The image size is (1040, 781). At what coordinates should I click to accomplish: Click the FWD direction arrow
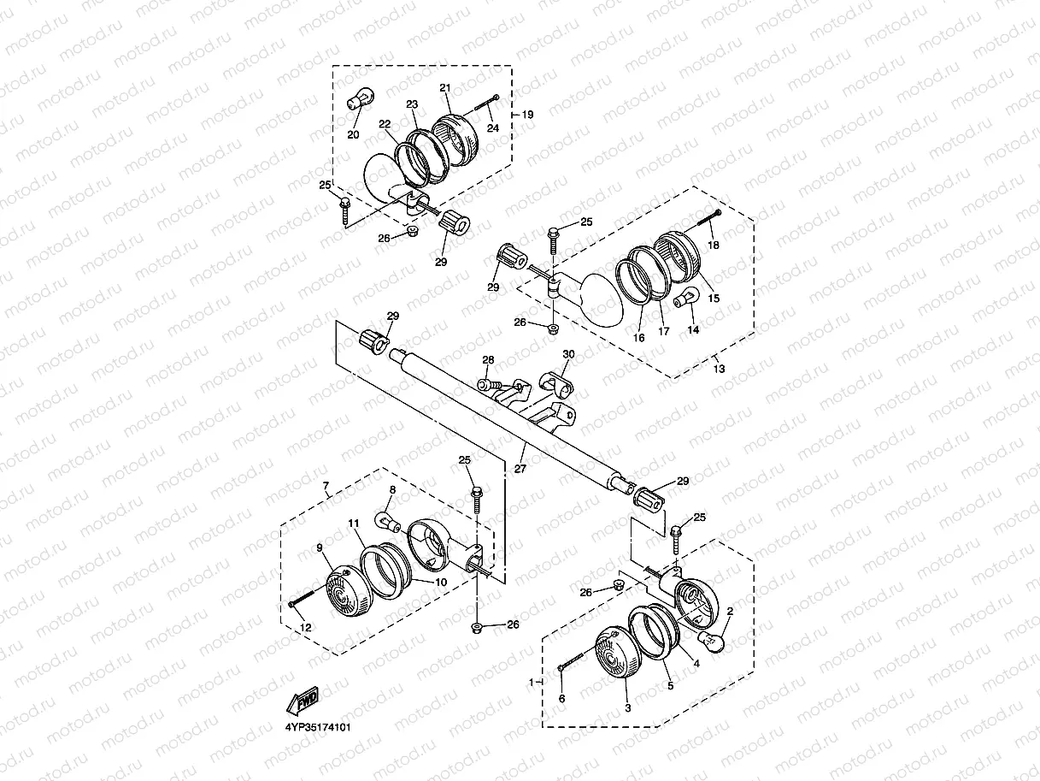303,701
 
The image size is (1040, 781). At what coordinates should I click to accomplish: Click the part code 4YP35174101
318,727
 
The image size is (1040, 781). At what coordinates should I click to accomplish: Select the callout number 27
520,469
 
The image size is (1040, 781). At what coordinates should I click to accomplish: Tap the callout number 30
568,354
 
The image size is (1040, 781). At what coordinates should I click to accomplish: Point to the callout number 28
488,360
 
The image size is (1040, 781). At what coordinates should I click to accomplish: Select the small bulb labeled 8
388,522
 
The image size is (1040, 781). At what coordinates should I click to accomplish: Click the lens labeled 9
350,590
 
